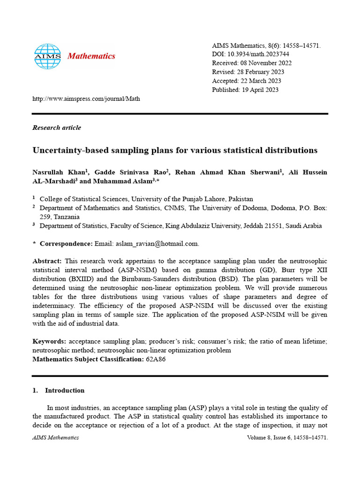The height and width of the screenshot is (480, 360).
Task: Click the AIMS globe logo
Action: (x=47, y=57)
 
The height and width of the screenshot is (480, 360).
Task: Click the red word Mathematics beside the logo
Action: (x=91, y=56)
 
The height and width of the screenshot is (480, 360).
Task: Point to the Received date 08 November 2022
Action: (x=266, y=63)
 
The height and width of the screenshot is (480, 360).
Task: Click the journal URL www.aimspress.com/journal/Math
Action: (x=86, y=99)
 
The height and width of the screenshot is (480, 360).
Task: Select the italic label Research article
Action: (x=57, y=127)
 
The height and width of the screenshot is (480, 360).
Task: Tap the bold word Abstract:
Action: (x=47, y=261)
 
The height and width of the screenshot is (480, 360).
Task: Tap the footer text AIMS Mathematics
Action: (x=55, y=438)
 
